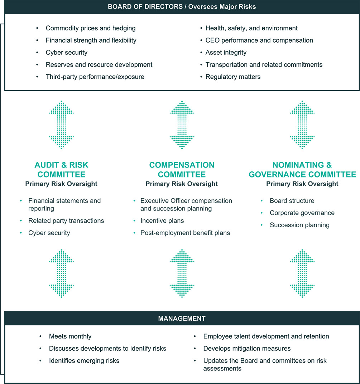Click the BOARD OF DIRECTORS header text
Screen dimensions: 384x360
coord(182,7)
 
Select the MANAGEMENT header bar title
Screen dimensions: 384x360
coord(182,319)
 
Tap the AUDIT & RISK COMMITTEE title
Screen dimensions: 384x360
coord(61,170)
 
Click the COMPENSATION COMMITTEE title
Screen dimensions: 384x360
coord(182,170)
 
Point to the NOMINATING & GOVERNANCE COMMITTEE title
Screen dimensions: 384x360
coord(302,170)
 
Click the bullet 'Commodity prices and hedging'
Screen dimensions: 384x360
coord(90,28)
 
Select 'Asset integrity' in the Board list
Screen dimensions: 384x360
coord(226,52)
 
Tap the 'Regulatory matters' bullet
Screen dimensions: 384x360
coord(233,77)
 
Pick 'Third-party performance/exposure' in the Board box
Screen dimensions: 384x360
coord(95,77)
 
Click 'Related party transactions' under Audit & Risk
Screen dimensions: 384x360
coord(66,220)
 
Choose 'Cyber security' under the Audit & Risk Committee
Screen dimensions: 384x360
coord(49,233)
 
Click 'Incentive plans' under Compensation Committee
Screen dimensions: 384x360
coord(162,220)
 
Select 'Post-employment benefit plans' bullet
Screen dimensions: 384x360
coord(185,233)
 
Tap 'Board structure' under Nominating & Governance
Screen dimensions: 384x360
coord(292,201)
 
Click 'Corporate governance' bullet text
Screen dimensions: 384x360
coord(302,213)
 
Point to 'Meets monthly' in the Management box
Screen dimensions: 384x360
coord(70,336)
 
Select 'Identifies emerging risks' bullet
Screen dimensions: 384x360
coord(84,360)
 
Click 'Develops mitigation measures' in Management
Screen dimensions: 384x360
coord(247,348)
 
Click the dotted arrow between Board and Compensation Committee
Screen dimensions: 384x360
coord(182,125)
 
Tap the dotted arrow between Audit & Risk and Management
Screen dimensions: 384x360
coord(61,273)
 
